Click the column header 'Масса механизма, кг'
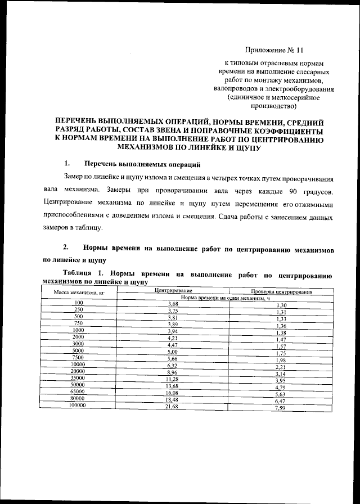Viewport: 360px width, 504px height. point(79,293)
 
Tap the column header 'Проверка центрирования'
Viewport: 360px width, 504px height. point(282,292)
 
